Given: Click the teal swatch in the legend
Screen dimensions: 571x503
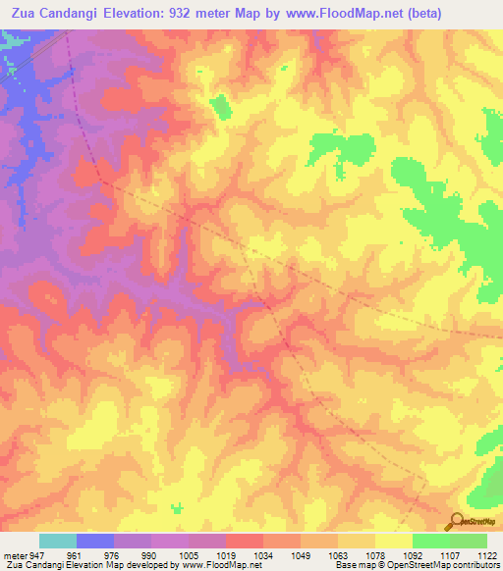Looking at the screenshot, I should coord(58,541).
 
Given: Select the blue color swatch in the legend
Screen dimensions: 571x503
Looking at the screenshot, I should coord(95,541).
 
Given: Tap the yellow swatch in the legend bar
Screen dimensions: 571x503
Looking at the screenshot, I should coord(394,541).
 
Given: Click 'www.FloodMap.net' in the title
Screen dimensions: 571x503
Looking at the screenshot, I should coord(319,14).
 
